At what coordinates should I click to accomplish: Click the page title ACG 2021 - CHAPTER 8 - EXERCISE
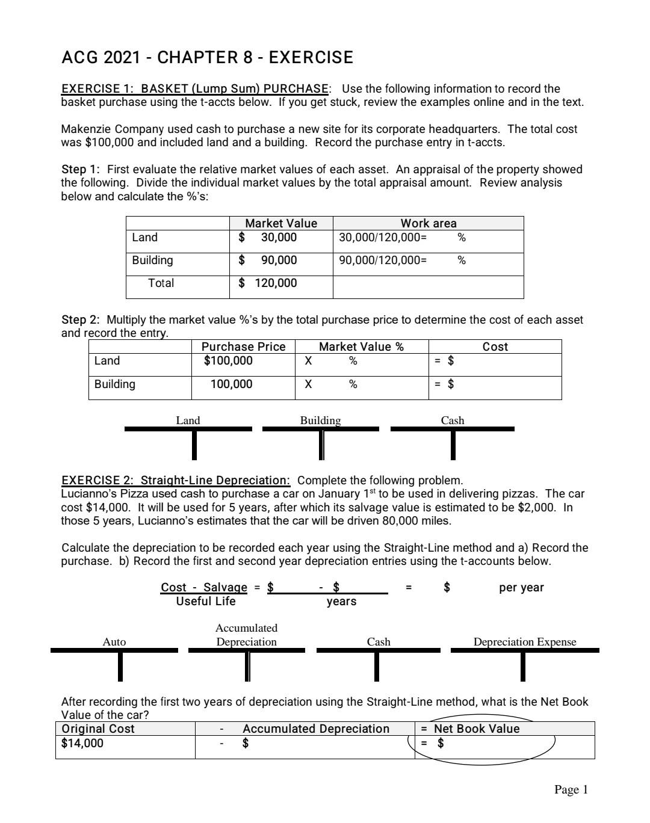pos(207,58)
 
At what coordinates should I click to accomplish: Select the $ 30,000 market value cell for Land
pos(268,238)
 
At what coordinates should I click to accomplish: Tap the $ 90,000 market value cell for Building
pos(268,260)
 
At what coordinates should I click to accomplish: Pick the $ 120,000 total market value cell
pos(268,283)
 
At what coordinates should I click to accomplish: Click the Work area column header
pos(429,223)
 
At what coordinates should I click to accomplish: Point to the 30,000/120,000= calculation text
pos(383,238)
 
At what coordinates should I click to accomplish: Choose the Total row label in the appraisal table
pos(161,283)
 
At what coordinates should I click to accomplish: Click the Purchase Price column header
pos(243,347)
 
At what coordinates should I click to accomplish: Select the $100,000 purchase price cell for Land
pos(229,361)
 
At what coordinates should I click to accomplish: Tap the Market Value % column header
pos(361,347)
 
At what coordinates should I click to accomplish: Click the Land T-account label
pos(188,421)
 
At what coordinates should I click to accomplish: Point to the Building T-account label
pos(320,421)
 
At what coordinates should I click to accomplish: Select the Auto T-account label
pos(114,642)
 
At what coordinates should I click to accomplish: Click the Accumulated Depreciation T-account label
pos(246,635)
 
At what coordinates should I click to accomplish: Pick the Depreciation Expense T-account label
pos(524,642)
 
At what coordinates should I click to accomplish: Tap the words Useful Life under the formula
pos(206,602)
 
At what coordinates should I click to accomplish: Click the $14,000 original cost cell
pos(82,744)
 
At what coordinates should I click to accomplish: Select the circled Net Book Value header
pos(476,729)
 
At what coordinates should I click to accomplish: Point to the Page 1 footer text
pos(571,790)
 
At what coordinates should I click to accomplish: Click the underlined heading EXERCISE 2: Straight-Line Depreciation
pos(176,481)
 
